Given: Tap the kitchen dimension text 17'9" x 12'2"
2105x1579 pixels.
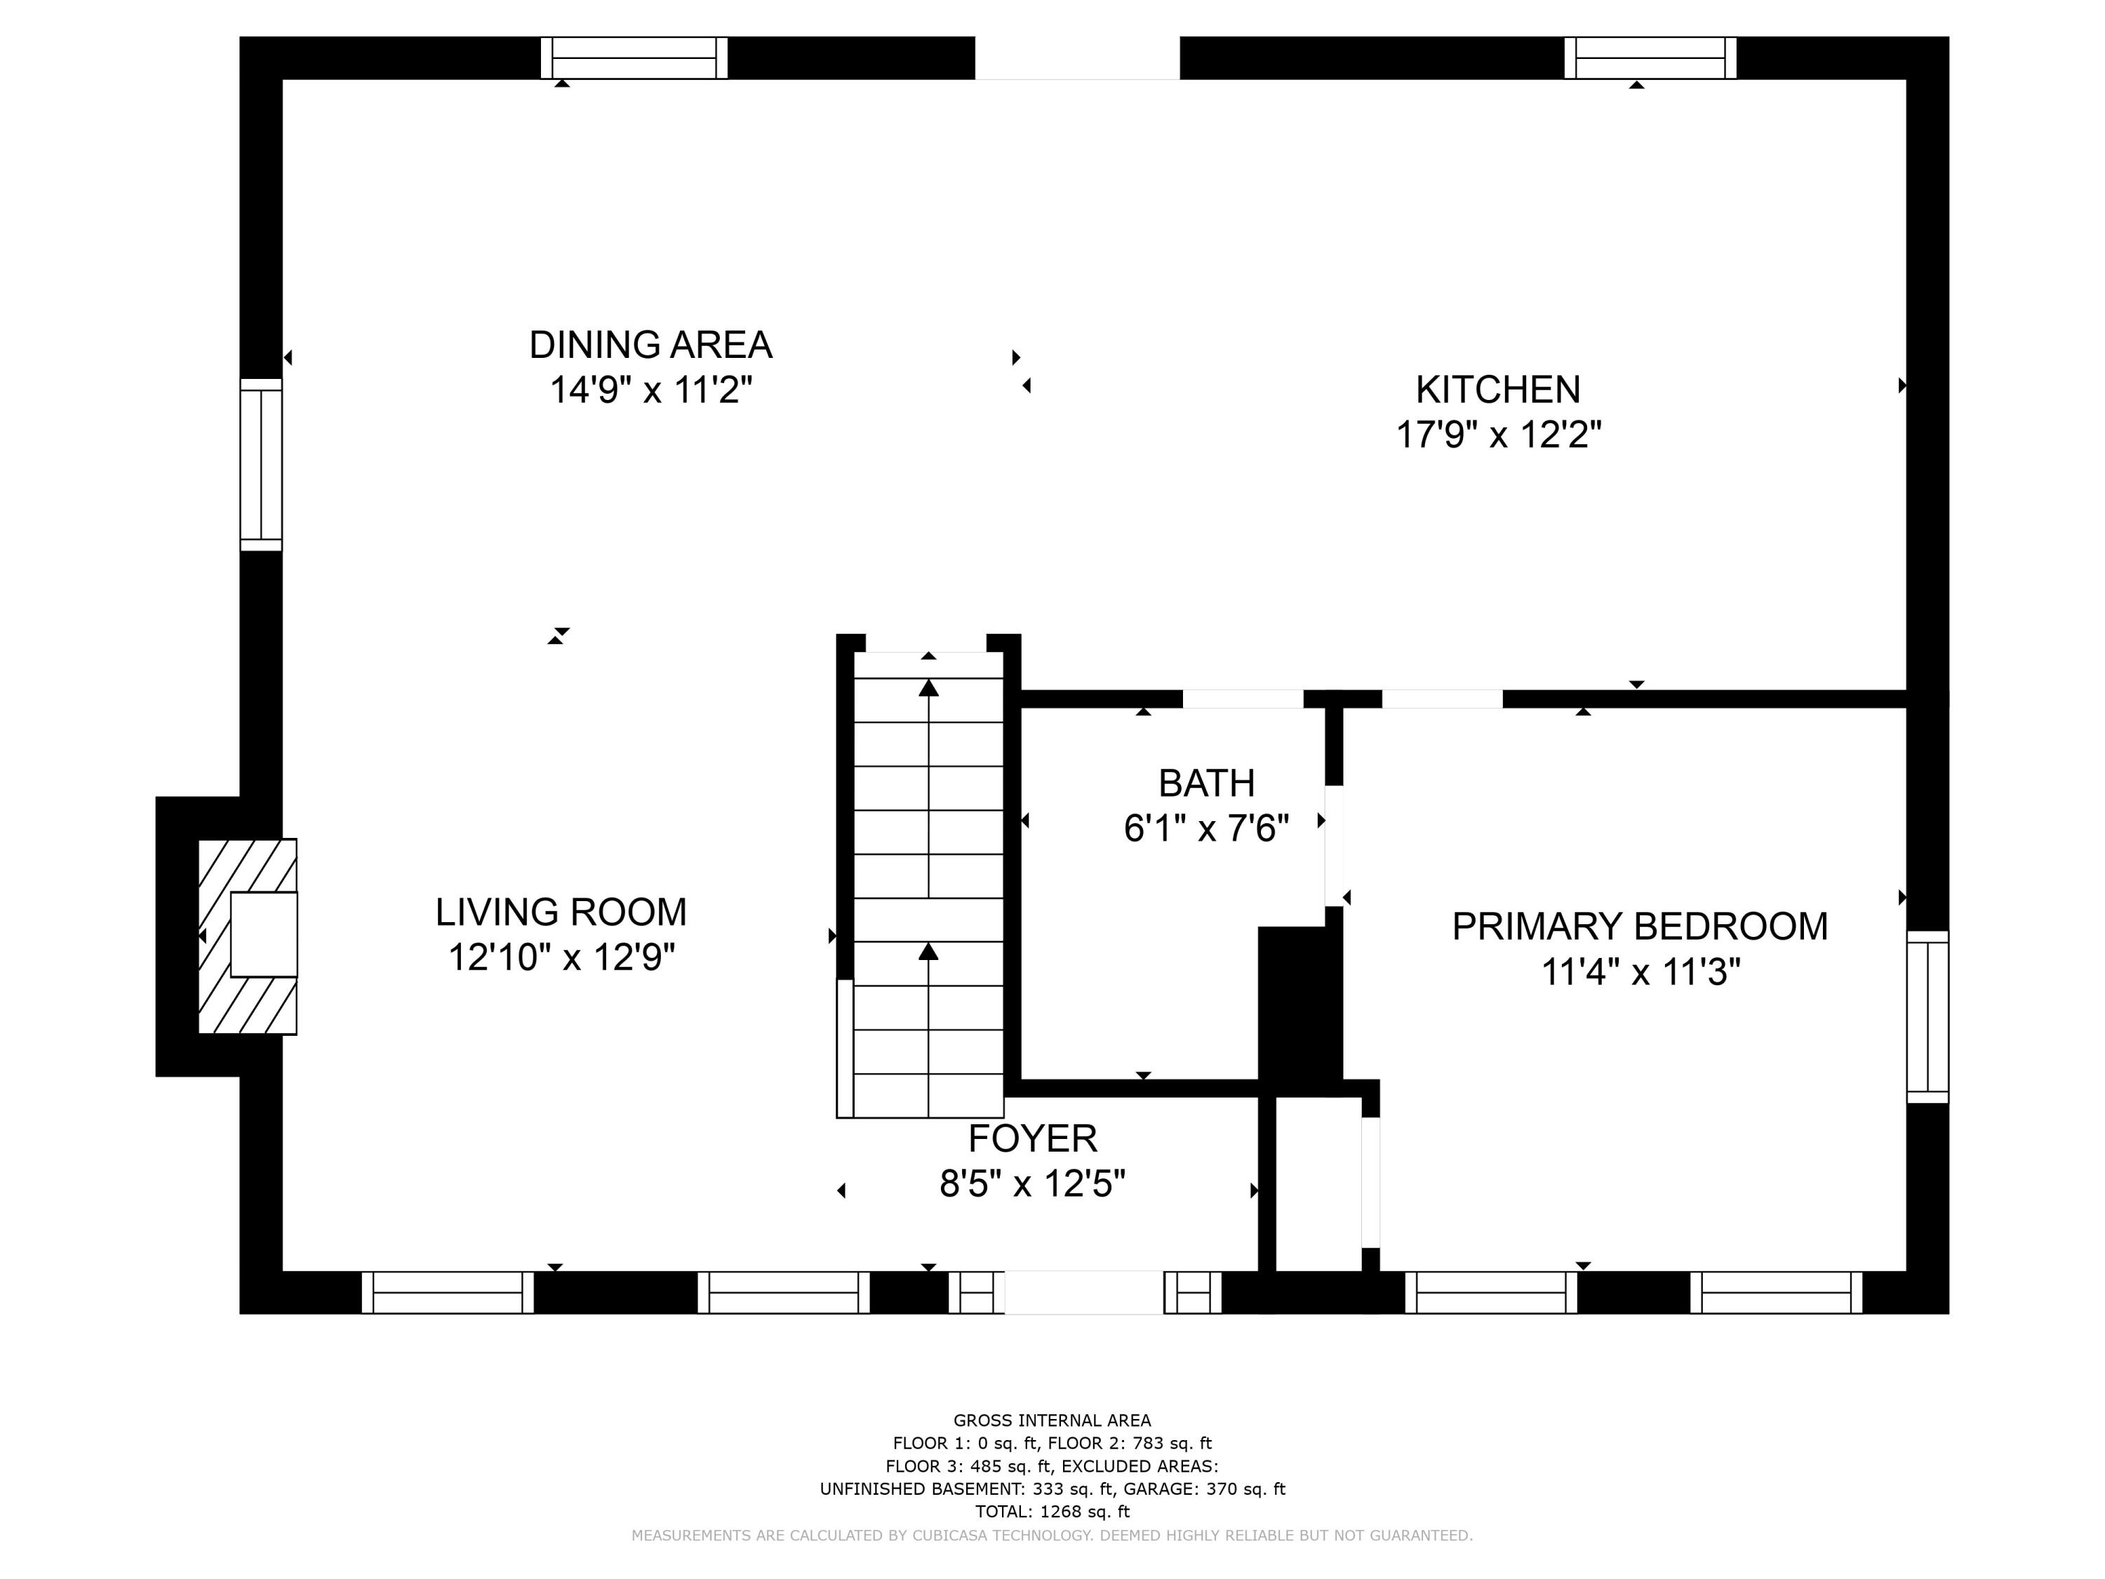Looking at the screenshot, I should point(1498,435).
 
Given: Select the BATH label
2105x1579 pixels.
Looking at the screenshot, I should point(1205,783).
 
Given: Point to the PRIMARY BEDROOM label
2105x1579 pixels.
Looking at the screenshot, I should point(1638,926).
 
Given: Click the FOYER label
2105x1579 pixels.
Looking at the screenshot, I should point(1033,1138).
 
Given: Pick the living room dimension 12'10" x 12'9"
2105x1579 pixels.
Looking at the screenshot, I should point(561,957).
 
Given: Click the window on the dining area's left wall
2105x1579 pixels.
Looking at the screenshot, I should point(261,465).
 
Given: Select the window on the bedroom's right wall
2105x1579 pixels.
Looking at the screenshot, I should point(1927,1016).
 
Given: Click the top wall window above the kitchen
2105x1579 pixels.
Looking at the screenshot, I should point(1650,58).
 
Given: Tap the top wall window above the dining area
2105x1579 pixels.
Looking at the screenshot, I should point(634,58).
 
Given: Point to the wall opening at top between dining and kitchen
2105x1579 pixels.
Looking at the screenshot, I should point(1077,58).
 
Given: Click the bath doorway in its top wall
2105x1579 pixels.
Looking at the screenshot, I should point(1242,698).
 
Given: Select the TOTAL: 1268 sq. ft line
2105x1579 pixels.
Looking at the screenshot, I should point(1052,1512).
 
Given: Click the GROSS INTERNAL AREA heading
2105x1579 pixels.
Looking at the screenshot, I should point(1052,1420).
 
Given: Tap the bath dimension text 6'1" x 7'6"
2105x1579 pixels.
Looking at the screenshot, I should point(1205,829).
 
